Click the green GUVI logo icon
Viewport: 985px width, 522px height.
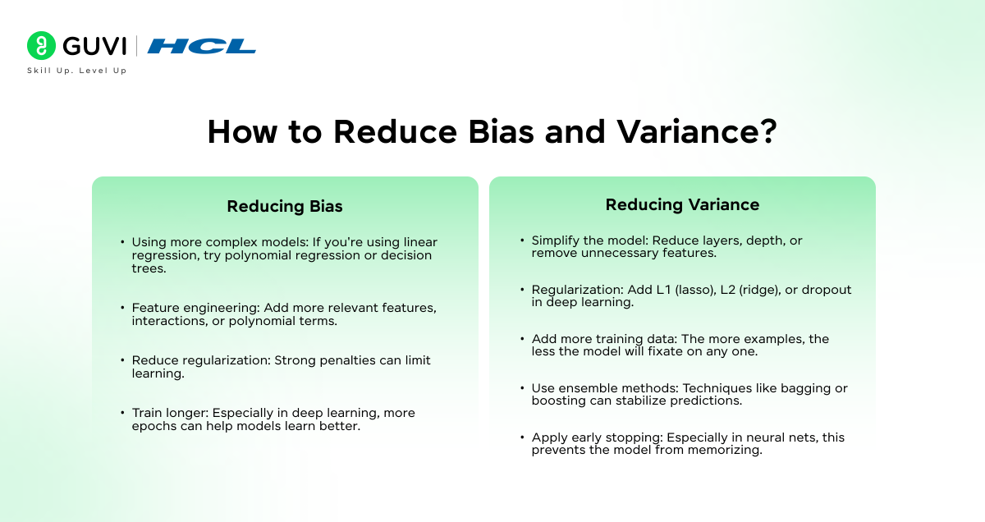click(40, 46)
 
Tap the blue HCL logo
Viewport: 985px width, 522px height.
click(202, 46)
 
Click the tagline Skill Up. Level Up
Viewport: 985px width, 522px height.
click(77, 71)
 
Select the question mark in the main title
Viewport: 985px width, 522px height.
click(766, 132)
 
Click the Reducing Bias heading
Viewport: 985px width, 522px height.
click(285, 207)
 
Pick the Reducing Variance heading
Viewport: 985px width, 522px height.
click(682, 205)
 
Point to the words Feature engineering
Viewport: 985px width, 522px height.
click(195, 308)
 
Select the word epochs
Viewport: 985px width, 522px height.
click(152, 426)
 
